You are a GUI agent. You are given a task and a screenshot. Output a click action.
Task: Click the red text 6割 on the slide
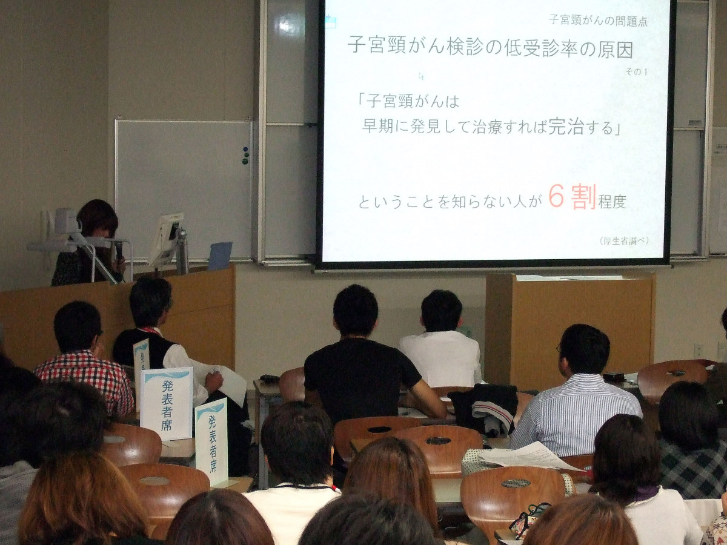point(573,197)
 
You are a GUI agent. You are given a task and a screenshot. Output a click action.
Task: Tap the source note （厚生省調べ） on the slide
point(624,241)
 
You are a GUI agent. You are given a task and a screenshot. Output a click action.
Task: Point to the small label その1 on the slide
point(636,71)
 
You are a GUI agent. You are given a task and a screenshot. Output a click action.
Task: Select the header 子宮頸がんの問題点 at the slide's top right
point(598,21)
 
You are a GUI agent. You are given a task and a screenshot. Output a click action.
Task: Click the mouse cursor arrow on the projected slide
point(421,76)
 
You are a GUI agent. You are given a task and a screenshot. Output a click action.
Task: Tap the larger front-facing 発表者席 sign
point(167,403)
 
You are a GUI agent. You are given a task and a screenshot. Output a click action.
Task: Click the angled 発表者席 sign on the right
point(212,441)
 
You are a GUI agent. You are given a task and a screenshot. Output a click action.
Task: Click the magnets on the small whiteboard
point(245,156)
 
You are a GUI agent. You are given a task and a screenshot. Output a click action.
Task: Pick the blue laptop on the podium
point(220,256)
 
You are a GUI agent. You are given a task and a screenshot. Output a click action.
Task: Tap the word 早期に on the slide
point(385,126)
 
